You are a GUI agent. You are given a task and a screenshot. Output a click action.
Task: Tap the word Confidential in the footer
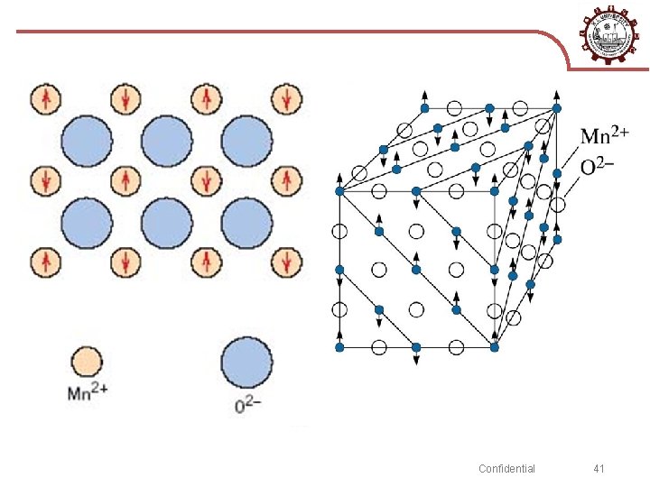pos(506,468)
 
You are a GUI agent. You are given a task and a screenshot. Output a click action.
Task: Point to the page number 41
pos(599,468)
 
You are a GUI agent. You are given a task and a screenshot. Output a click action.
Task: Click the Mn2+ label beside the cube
pos(605,136)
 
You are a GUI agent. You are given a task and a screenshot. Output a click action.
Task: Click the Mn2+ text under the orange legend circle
pos(88,393)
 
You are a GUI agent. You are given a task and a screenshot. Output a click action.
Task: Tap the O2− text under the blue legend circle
pos(248,405)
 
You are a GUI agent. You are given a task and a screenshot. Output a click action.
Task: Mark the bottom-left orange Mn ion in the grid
pos(45,262)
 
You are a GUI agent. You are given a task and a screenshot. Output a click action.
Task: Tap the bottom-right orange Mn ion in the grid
pos(288,262)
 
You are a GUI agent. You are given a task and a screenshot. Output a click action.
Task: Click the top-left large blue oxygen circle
pos(87,141)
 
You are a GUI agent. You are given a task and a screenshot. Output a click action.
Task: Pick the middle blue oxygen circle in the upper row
pos(166,141)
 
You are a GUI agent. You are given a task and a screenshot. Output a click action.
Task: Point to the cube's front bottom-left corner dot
pos(339,346)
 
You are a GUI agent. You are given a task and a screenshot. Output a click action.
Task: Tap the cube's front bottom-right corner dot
pos(494,346)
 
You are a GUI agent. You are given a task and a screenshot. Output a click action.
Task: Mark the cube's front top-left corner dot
pos(339,191)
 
